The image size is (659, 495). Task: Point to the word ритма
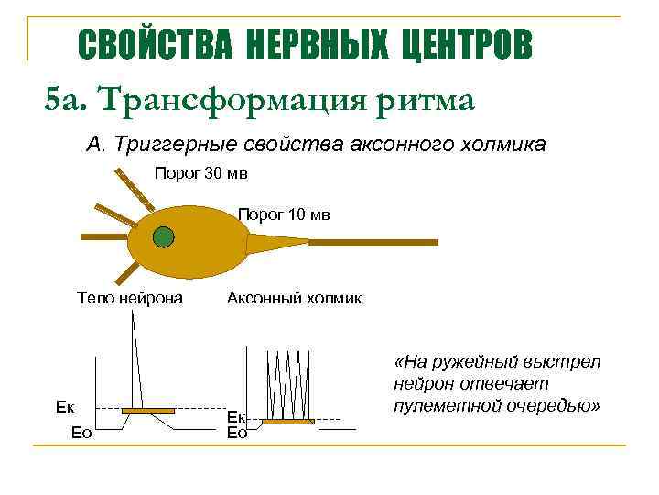pos(425,100)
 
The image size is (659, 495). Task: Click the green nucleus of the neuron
pos(163,238)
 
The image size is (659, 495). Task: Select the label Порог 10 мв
pos(284,214)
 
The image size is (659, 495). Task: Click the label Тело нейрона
pos(130,298)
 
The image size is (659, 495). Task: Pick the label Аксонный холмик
pos(294,298)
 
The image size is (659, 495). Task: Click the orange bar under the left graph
pos(149,410)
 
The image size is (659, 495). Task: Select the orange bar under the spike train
pos(287,421)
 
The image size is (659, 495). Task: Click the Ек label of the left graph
pos(65,407)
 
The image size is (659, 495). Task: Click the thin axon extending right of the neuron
pos(366,242)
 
